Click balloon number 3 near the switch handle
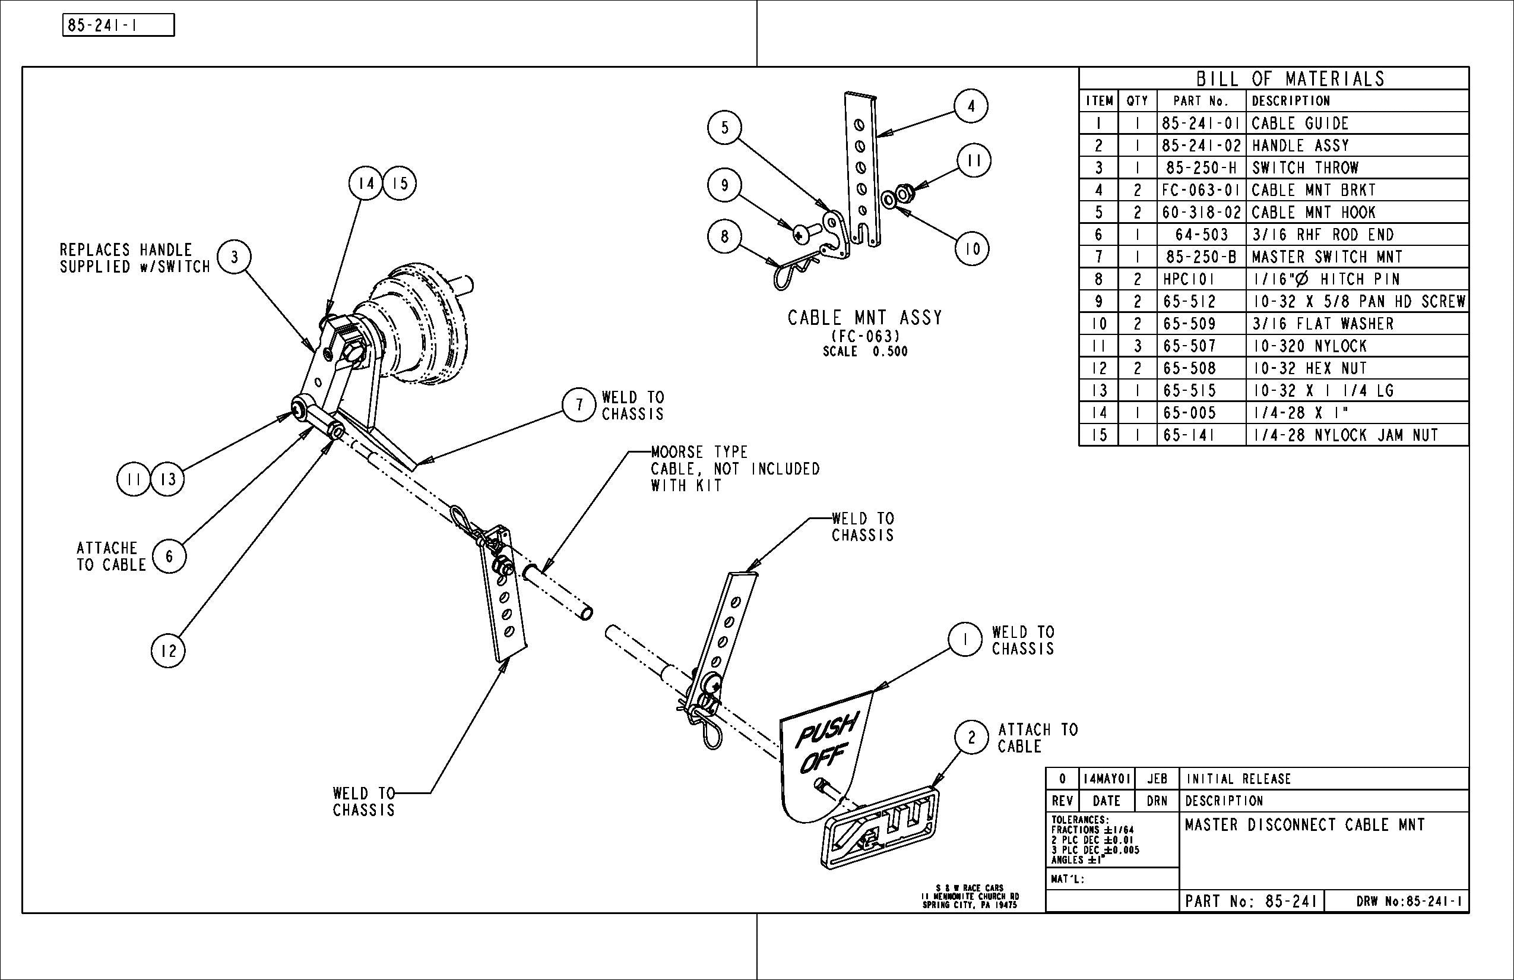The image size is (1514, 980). pos(234,257)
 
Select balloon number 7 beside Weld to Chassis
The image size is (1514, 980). pos(579,404)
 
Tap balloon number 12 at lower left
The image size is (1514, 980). pos(168,651)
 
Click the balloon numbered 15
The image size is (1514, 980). pos(400,184)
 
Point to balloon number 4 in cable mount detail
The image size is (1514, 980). pos(971,106)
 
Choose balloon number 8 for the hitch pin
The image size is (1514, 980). pos(724,236)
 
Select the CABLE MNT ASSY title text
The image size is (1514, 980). pos(864,318)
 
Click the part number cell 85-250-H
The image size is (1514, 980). pos(1201,168)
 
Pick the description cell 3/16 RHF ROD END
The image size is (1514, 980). pos(1323,235)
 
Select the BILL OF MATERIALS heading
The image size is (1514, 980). pos(1290,79)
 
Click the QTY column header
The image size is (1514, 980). pos(1137,101)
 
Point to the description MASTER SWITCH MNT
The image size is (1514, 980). pos(1327,257)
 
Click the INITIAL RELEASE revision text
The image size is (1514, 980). pos(1238,779)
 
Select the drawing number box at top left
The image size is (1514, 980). pos(118,26)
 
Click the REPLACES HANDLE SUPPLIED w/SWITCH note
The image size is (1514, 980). pos(135,258)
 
